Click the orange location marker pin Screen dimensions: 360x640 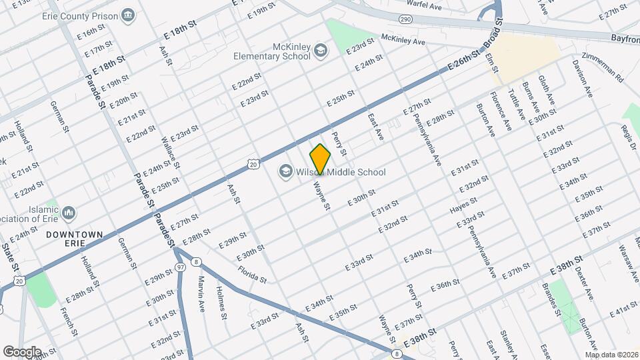tap(321, 159)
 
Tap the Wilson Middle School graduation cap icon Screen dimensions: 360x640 tap(286, 172)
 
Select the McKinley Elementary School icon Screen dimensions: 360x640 tap(321, 51)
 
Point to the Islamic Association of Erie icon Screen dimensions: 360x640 tap(69, 214)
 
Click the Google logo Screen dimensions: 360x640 tap(22, 351)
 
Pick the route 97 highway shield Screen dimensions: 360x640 tap(181, 267)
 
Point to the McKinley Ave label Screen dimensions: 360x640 tap(403, 40)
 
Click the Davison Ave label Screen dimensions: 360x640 tap(582, 79)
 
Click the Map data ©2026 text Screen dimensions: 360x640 tap(612, 354)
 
